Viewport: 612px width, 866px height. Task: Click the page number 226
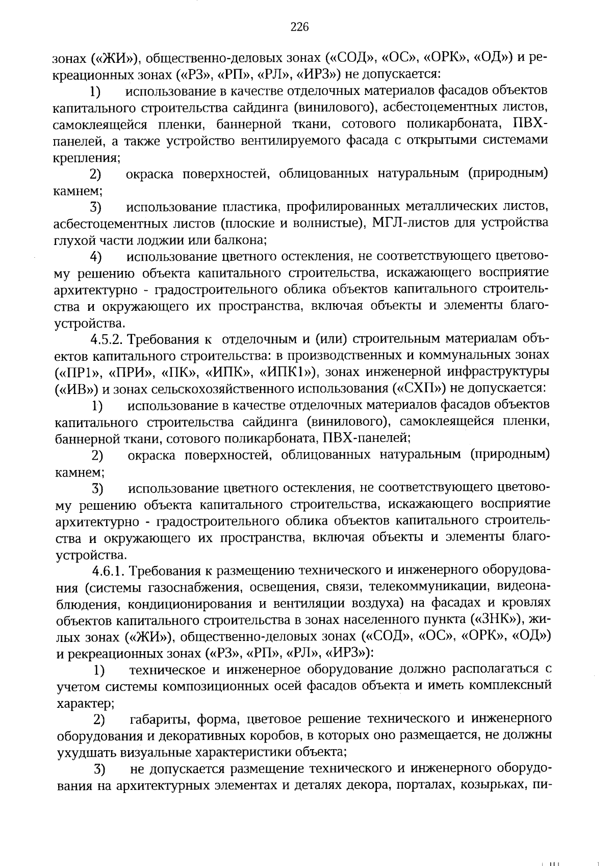tap(300, 28)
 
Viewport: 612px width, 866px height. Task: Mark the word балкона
tap(243, 240)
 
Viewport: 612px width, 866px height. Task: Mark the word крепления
tap(86, 158)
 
